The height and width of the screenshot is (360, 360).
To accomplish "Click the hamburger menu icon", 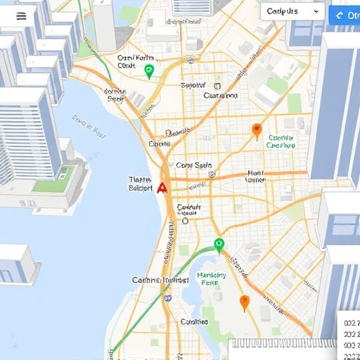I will [x=21, y=16].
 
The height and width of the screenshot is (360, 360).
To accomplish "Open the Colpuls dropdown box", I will [x=292, y=12].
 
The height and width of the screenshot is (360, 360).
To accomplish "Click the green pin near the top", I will [x=148, y=70].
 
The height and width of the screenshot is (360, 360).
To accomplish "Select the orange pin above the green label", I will [x=257, y=130].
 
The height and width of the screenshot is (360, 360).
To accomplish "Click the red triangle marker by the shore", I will [x=162, y=187].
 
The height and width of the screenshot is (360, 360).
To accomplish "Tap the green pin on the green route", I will [x=219, y=245].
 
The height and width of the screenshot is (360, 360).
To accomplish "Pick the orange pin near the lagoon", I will [x=245, y=303].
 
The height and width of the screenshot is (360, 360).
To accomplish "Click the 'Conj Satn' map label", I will [x=193, y=166].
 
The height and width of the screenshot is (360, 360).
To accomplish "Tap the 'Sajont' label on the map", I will [x=193, y=86].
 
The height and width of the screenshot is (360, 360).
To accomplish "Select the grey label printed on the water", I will [x=89, y=125].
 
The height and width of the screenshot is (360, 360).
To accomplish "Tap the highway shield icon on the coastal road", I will [x=168, y=298].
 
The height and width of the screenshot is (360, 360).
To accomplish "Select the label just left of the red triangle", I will [x=141, y=184].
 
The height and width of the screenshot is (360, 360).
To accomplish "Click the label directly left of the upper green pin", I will [x=126, y=61].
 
